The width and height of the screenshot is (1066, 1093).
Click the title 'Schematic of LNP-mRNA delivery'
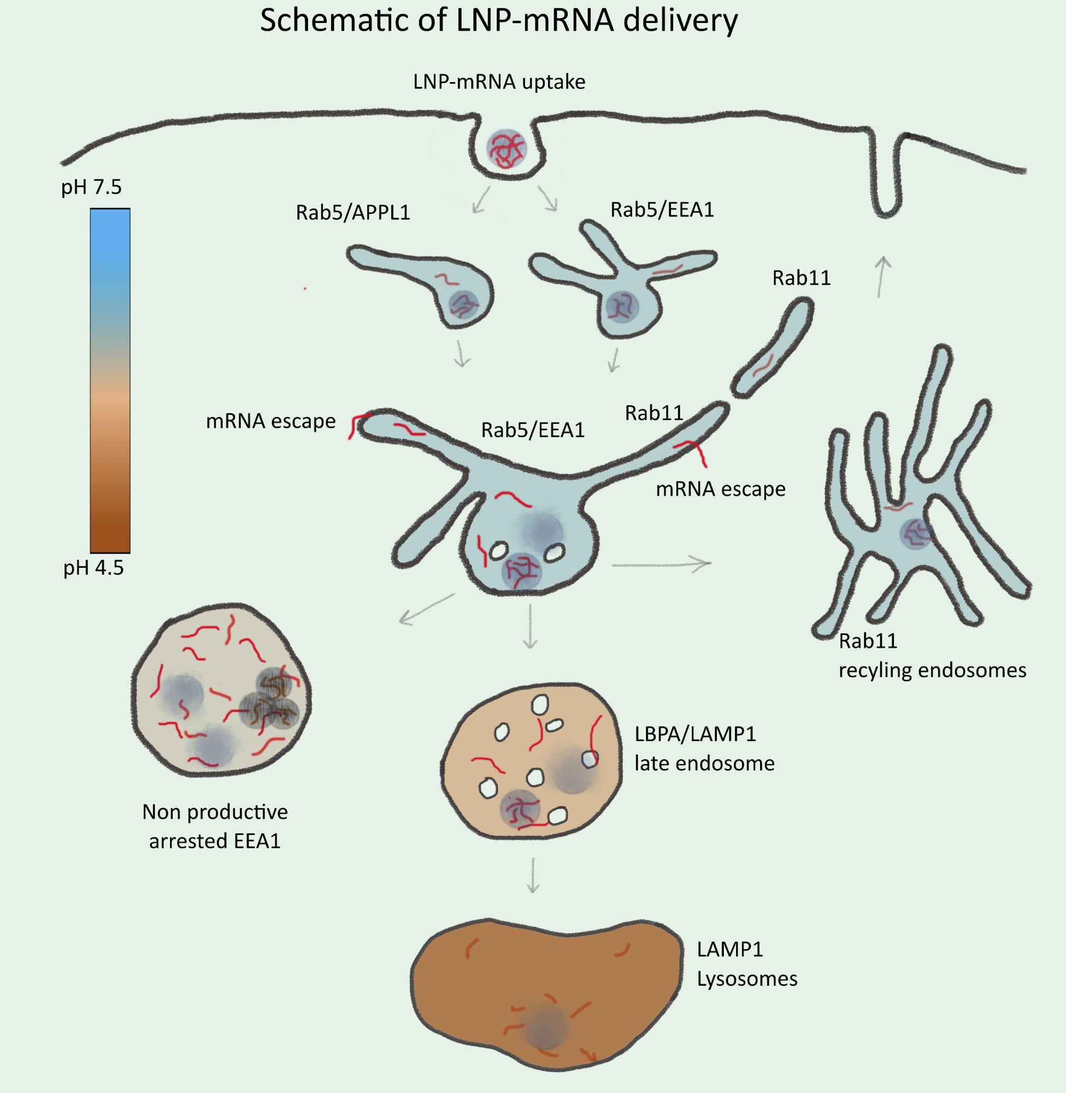click(x=499, y=21)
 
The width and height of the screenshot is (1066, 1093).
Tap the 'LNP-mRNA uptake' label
click(x=499, y=82)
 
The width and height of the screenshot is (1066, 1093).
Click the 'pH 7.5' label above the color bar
click(x=91, y=186)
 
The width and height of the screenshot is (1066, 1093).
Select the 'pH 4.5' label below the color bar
click(x=93, y=568)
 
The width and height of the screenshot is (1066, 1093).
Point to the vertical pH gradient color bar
click(x=110, y=381)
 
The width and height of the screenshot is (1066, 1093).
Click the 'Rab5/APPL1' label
click(x=353, y=213)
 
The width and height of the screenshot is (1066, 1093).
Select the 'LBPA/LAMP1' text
click(x=695, y=734)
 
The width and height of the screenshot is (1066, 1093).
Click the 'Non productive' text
click(x=215, y=812)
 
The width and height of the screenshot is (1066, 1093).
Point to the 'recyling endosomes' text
click(x=932, y=670)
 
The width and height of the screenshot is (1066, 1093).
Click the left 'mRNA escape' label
click(x=270, y=421)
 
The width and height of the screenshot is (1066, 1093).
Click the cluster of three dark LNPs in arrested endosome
click(x=270, y=700)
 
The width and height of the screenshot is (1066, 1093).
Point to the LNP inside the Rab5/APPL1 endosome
click(x=463, y=304)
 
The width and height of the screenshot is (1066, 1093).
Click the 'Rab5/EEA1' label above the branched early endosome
click(x=662, y=210)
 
